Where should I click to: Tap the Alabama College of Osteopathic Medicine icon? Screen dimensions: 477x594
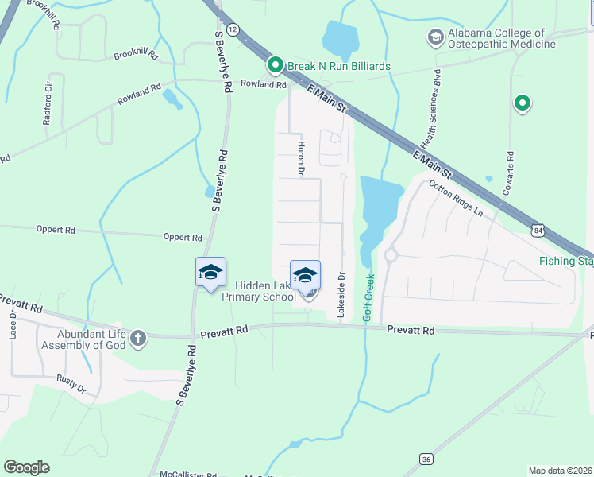click(434, 37)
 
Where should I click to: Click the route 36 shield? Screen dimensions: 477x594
click(426, 459)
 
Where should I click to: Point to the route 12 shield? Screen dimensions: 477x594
click(232, 29)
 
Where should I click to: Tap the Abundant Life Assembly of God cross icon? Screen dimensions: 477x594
click(138, 339)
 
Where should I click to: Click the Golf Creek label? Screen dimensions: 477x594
click(368, 297)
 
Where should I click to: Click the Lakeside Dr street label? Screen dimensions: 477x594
click(341, 296)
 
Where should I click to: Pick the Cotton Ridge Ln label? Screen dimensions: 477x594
click(455, 199)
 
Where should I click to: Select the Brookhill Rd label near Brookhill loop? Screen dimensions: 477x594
click(136, 55)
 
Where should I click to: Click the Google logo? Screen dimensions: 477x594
click(26, 467)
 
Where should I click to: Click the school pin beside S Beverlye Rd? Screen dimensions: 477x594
click(210, 272)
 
